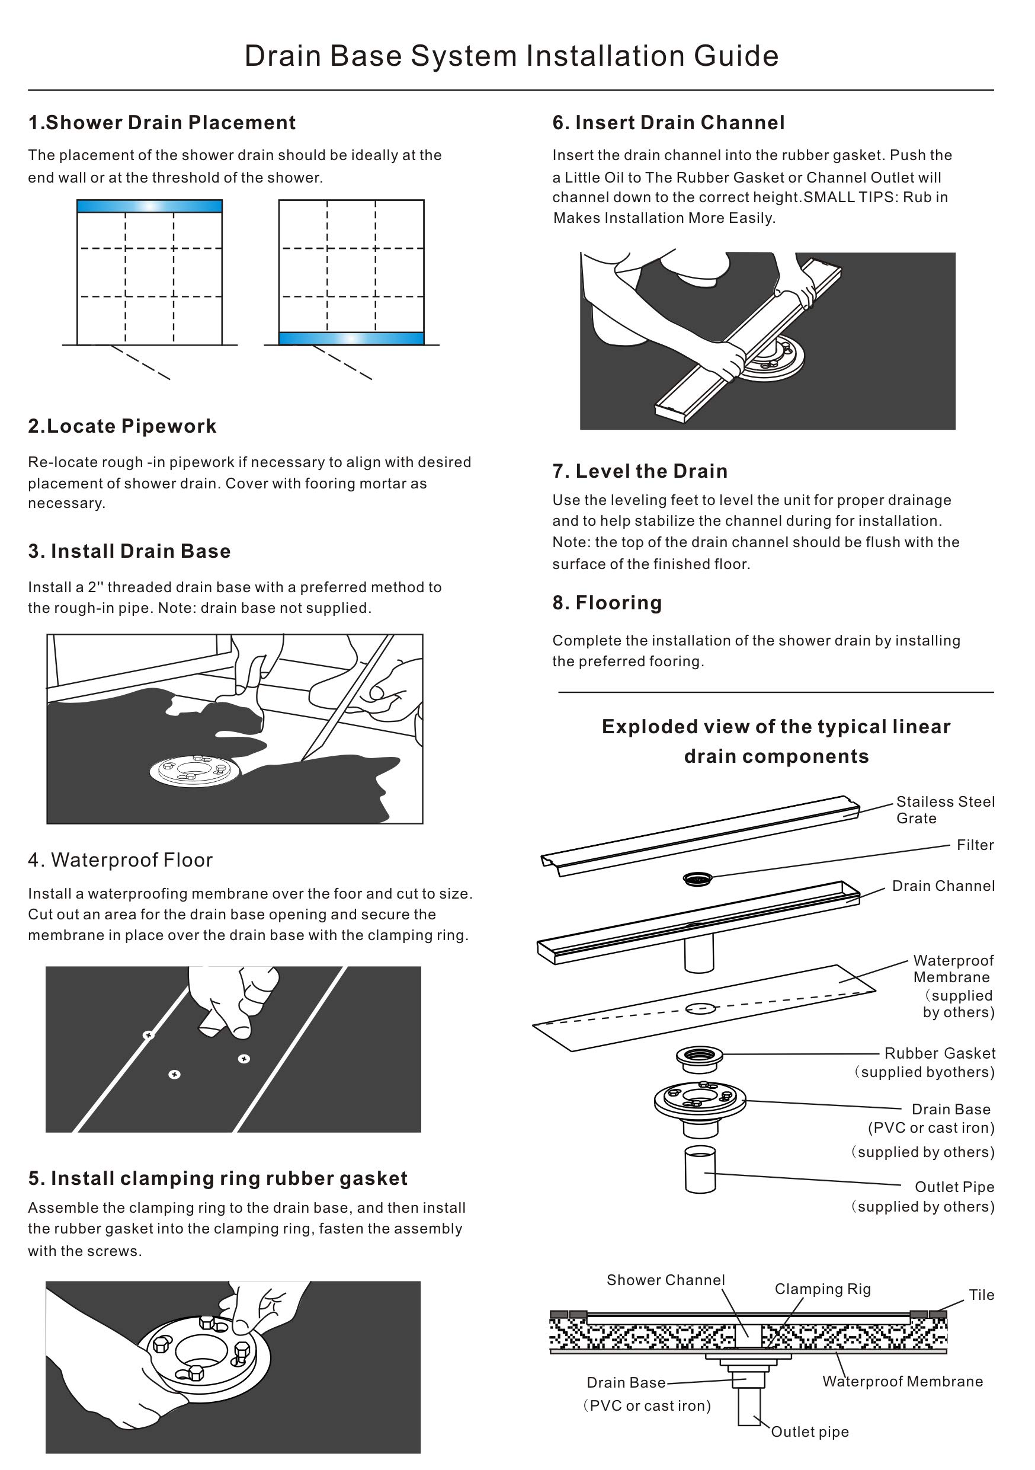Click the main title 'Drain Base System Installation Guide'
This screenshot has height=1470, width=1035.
[x=511, y=56]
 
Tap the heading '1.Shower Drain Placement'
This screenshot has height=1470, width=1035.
[x=162, y=122]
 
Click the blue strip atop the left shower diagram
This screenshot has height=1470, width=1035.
[x=149, y=206]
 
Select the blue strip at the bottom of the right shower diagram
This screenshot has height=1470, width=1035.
[x=351, y=338]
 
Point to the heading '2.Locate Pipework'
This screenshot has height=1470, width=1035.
[x=122, y=426]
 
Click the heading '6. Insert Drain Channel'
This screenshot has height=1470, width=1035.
[x=668, y=122]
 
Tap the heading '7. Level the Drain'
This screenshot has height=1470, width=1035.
[x=640, y=471]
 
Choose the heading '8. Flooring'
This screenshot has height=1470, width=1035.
[x=607, y=602]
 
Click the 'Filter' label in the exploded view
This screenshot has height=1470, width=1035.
[x=975, y=845]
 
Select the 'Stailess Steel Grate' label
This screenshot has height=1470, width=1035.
[x=945, y=809]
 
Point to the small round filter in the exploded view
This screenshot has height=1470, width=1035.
[x=697, y=878]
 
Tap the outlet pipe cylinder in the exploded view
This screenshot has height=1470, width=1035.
[x=700, y=1169]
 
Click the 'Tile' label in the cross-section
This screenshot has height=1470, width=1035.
[x=981, y=1295]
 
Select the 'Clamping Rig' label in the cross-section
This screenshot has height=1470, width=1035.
[x=822, y=1289]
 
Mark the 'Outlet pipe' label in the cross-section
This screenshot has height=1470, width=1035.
[x=810, y=1431]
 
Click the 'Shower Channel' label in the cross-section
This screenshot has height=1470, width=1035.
[x=666, y=1280]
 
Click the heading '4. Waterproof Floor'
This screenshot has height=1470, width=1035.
[x=120, y=860]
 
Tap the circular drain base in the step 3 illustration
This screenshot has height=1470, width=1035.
[x=194, y=770]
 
